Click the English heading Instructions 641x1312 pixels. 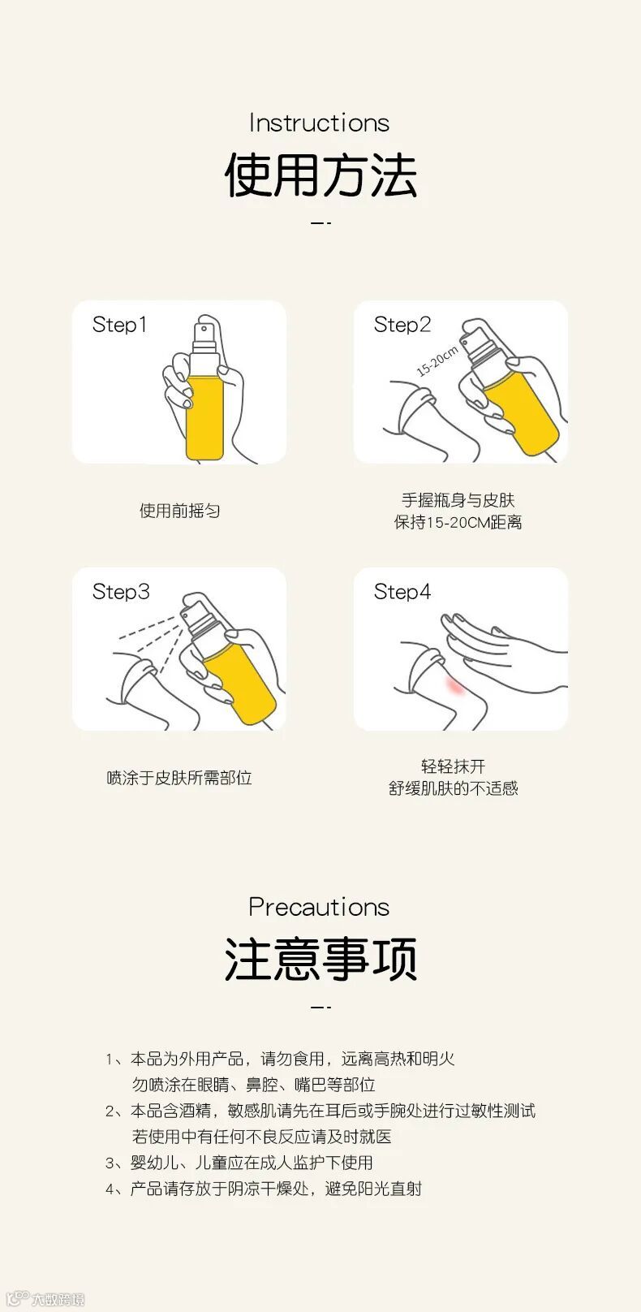click(x=319, y=123)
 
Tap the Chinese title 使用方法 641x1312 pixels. click(x=320, y=175)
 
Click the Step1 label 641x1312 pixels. click(x=119, y=325)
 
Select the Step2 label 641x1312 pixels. click(x=402, y=325)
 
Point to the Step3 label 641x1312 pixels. click(x=121, y=592)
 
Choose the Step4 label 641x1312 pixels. click(x=402, y=592)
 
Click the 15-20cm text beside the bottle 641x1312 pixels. click(x=437, y=360)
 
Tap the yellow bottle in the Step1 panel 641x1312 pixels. click(x=204, y=404)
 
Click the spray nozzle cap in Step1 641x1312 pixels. click(x=205, y=334)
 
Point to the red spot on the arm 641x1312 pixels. click(x=455, y=685)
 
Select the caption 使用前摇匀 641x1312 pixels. click(x=179, y=511)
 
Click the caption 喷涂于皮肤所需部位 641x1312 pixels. click(x=179, y=778)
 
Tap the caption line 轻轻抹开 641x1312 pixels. click(x=453, y=766)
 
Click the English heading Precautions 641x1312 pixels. click(x=319, y=907)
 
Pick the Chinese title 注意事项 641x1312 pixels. click(x=320, y=959)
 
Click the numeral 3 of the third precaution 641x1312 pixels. click(x=110, y=1163)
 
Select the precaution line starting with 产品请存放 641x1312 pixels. click(x=276, y=1189)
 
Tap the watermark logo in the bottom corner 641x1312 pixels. click(x=45, y=1298)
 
